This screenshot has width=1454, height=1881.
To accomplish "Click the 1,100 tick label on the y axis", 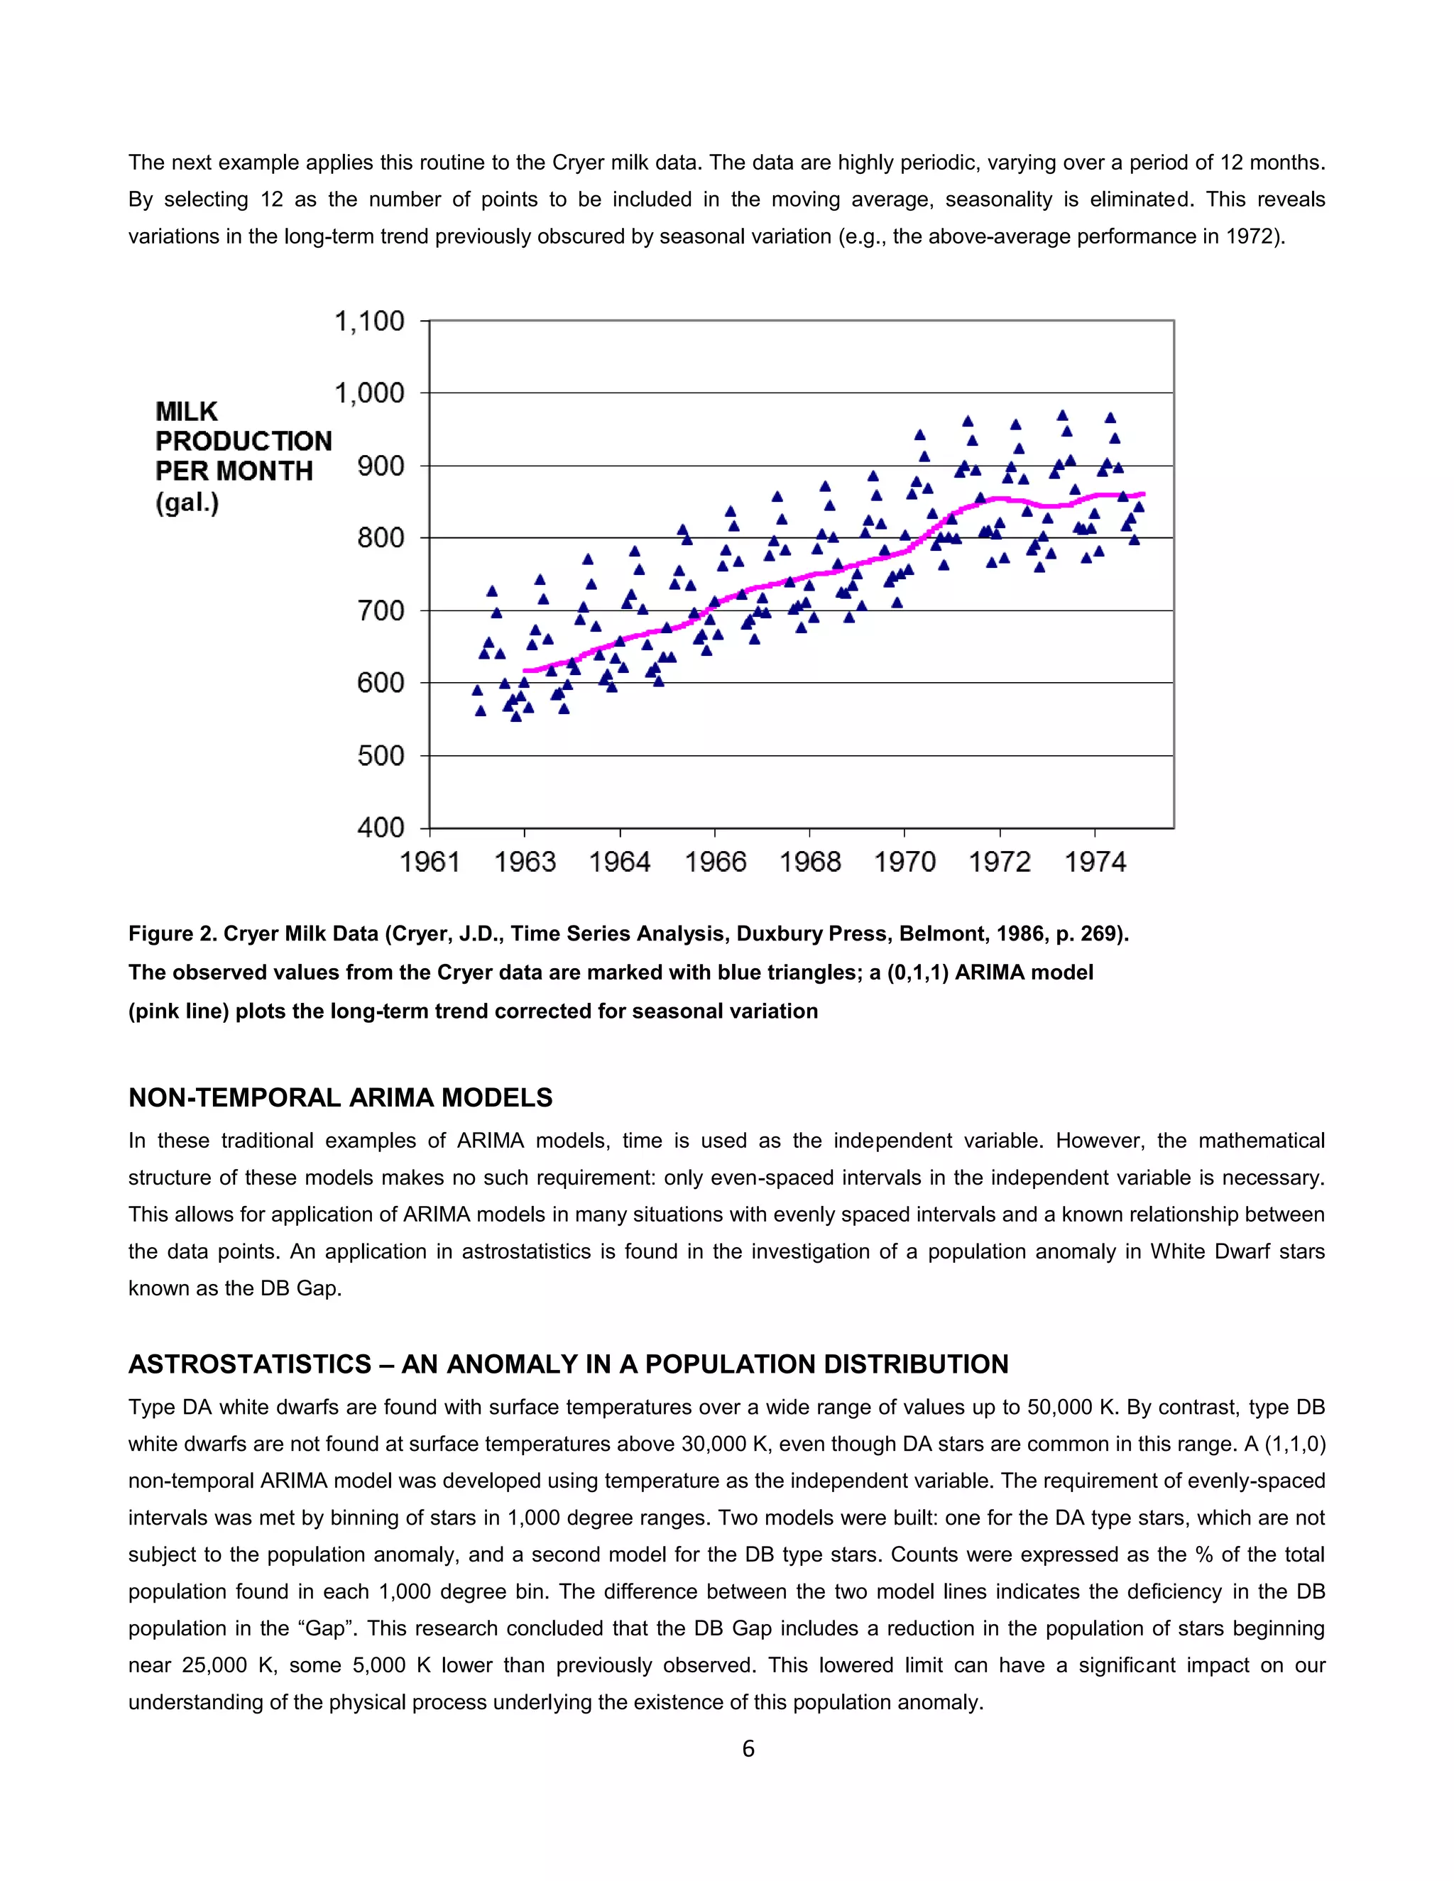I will tap(368, 322).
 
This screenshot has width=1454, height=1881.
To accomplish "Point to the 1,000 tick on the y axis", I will tap(368, 394).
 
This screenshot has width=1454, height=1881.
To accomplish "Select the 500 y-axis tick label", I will tap(380, 755).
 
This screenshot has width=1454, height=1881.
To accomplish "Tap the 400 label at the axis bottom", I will tap(380, 828).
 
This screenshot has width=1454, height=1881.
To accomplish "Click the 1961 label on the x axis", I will tap(429, 862).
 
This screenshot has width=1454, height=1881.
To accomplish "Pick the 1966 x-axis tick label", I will tap(715, 862).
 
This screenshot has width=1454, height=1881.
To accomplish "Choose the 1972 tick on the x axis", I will tap(999, 862).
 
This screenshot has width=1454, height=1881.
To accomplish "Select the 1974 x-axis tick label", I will tap(1095, 862).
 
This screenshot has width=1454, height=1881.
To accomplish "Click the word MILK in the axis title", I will tap(186, 412).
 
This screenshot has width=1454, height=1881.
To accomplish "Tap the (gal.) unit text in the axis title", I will tap(187, 502).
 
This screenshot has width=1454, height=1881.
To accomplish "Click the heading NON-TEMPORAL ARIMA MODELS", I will tap(340, 1097).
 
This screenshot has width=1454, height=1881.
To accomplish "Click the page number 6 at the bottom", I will tap(748, 1748).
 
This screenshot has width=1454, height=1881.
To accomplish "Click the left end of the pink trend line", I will tap(525, 670).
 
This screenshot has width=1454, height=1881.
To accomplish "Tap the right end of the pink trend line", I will tap(1143, 493).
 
